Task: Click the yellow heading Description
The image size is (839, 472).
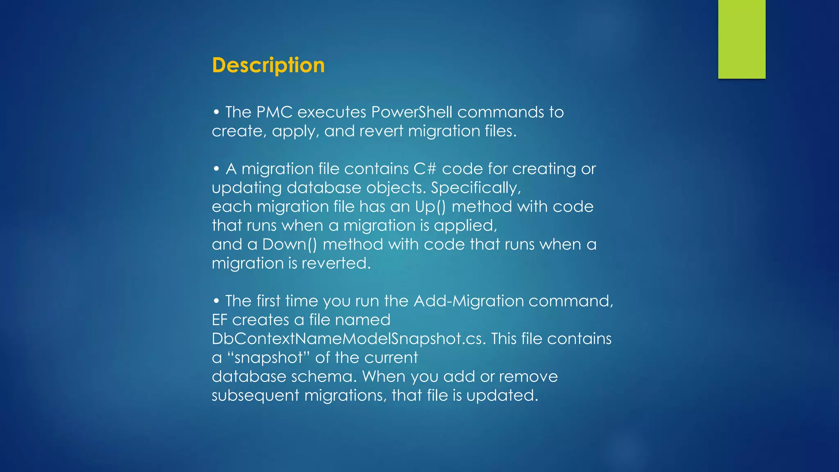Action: [268, 66]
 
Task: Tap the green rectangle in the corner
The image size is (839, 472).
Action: [741, 39]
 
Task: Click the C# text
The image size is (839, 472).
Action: [425, 169]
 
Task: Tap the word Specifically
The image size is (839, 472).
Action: [475, 188]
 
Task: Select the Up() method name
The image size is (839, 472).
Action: [430, 206]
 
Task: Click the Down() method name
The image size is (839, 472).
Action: [290, 244]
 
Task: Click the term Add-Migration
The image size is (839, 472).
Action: [469, 301]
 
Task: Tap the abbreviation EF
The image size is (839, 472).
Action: [219, 320]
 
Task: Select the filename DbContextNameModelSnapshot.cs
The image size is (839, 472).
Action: [348, 339]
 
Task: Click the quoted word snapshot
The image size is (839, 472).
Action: [268, 358]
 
